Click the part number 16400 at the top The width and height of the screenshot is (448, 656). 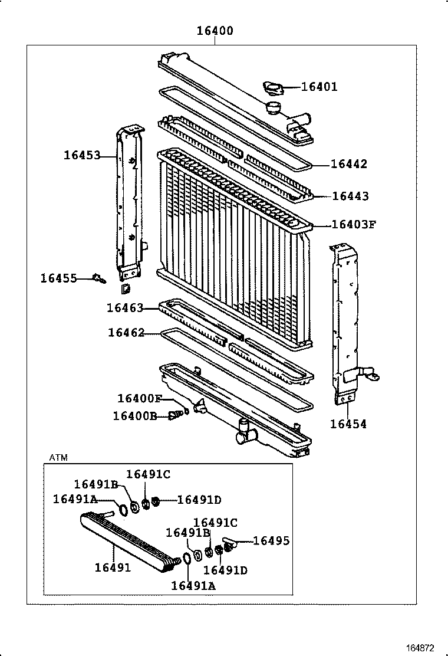pyautogui.click(x=214, y=31)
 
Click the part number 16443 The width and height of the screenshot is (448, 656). pyautogui.click(x=350, y=196)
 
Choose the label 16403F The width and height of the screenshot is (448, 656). pyautogui.click(x=354, y=225)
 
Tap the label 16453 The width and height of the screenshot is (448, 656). pyautogui.click(x=82, y=155)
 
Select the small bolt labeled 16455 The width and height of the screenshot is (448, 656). pyautogui.click(x=99, y=278)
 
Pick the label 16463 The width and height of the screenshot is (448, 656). pyautogui.click(x=125, y=307)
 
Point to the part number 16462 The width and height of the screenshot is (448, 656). pyautogui.click(x=126, y=333)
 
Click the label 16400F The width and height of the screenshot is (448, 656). pyautogui.click(x=139, y=399)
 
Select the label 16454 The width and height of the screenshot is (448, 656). pyautogui.click(x=348, y=424)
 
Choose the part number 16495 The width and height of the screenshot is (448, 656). pyautogui.click(x=271, y=540)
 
